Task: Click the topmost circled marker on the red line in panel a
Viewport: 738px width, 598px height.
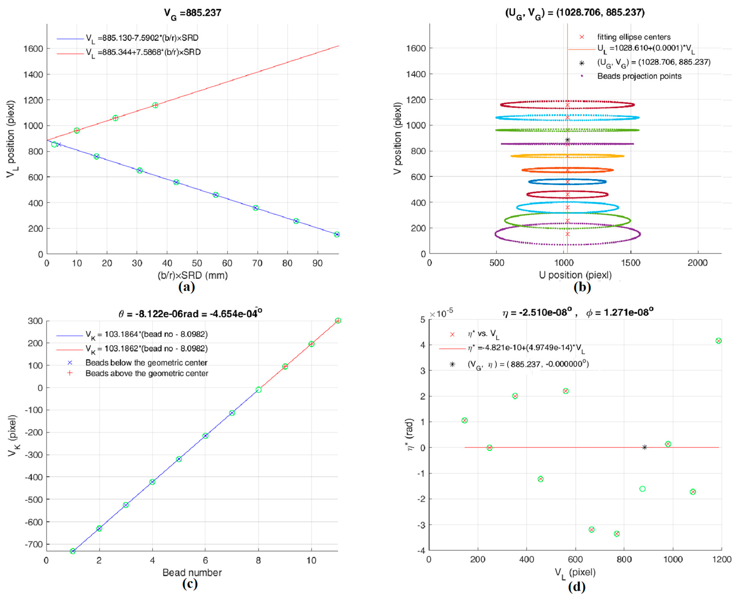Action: pyautogui.click(x=155, y=105)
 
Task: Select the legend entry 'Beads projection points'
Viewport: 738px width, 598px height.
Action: pyautogui.click(x=639, y=76)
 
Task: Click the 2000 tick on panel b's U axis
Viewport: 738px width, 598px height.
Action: pyautogui.click(x=697, y=263)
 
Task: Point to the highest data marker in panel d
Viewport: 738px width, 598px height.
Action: pyautogui.click(x=718, y=341)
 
